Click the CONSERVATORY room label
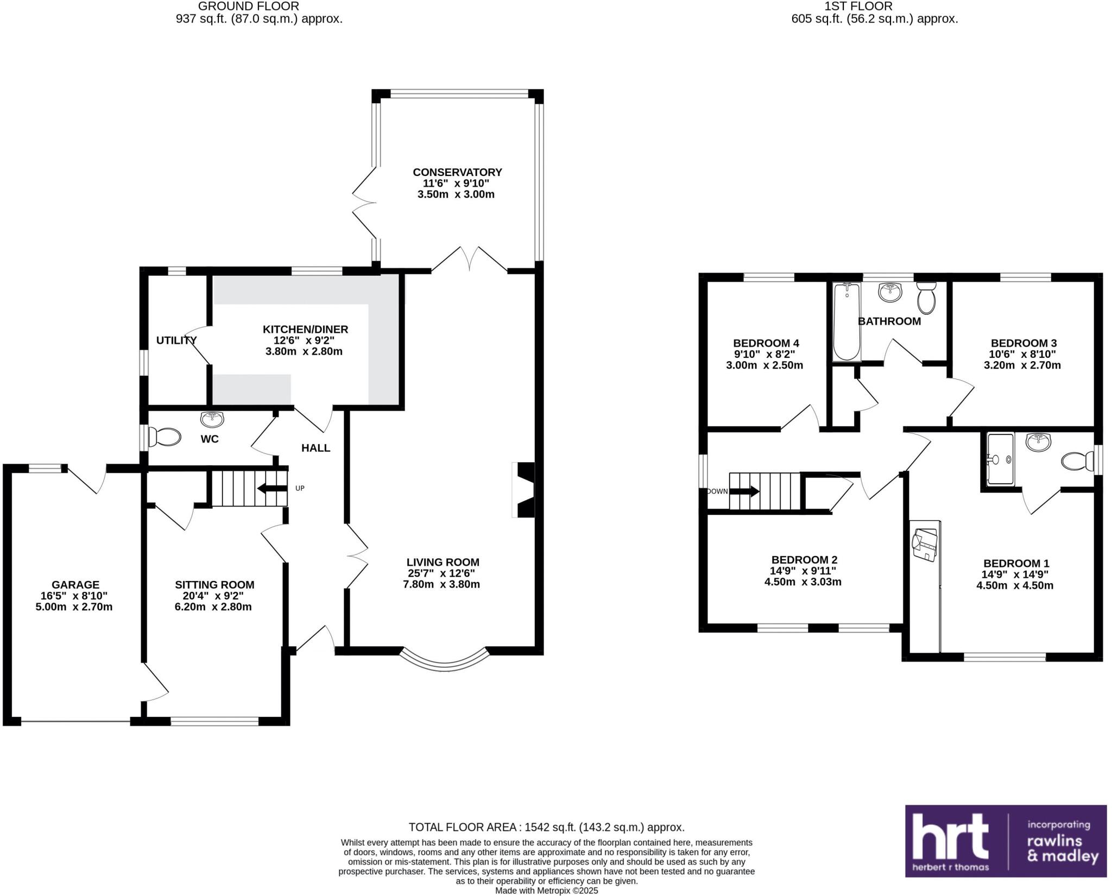457,172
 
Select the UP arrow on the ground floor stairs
272,488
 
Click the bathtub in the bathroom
846,322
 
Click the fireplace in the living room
524,490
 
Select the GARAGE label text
75,585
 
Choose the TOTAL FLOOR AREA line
546,827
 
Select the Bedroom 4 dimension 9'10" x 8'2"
764,354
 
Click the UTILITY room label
176,340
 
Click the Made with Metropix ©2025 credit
546,891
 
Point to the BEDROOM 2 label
804,560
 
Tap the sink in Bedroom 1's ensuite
1039,442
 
